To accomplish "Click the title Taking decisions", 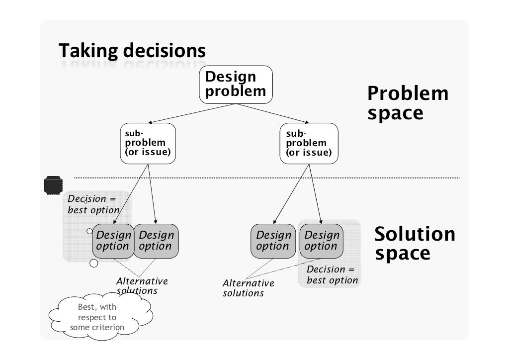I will click(x=132, y=51).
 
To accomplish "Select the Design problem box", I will click(x=236, y=85).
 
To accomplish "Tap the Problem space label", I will click(x=407, y=103).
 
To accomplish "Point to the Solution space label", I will click(x=414, y=243).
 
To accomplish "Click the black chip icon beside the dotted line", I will click(x=53, y=185).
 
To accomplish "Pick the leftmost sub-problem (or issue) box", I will click(x=148, y=143).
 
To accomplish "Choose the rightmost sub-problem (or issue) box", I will click(x=309, y=143).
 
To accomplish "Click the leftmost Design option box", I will click(x=113, y=241).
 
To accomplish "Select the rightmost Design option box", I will click(x=321, y=241).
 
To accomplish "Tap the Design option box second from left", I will click(x=156, y=241).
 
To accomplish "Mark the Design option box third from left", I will click(x=273, y=241).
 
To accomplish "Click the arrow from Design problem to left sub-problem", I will click(x=191, y=113).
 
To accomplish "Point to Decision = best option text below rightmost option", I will click(x=332, y=275).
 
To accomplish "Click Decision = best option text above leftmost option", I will click(x=93, y=204).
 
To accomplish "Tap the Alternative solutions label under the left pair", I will click(x=141, y=286).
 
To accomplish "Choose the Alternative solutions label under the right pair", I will click(x=248, y=288).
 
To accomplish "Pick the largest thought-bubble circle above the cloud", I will click(x=93, y=263).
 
